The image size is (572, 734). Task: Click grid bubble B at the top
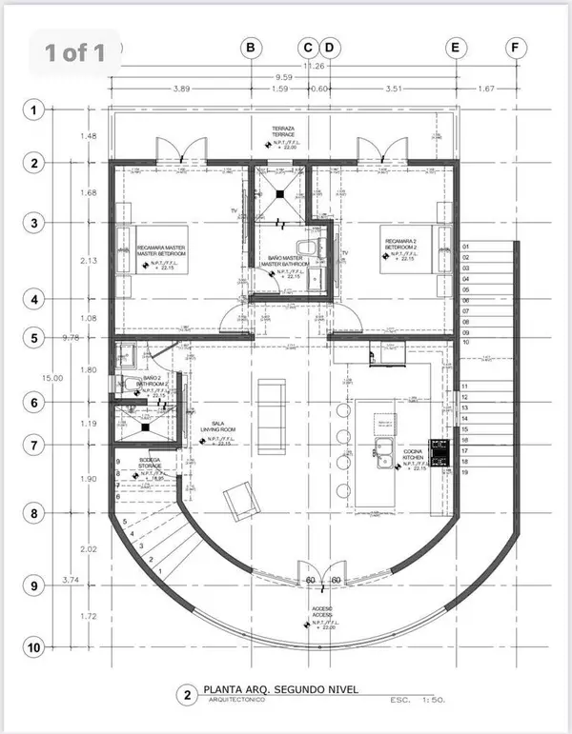click(252, 47)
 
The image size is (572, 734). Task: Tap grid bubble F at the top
click(516, 47)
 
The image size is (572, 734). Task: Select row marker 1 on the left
click(34, 110)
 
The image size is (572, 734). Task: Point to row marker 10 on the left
click(34, 647)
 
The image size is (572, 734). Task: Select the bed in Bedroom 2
click(411, 249)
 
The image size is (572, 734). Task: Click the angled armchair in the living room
click(239, 499)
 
